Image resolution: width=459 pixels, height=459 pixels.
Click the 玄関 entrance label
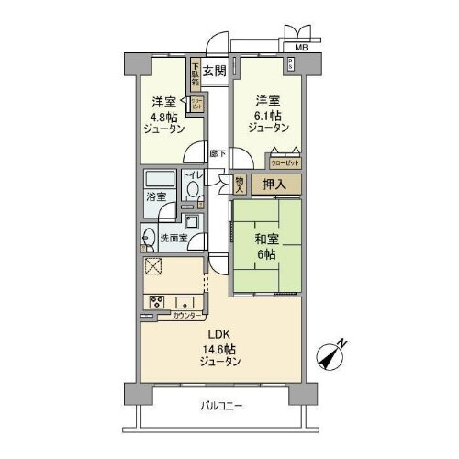click(214, 69)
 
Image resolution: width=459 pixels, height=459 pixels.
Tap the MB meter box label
click(301, 47)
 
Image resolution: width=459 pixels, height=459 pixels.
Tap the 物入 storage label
click(241, 185)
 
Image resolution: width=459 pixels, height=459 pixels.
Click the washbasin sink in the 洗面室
click(149, 239)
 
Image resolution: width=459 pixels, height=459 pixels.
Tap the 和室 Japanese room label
click(266, 240)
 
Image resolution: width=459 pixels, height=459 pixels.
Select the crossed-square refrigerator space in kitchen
click(154, 267)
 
